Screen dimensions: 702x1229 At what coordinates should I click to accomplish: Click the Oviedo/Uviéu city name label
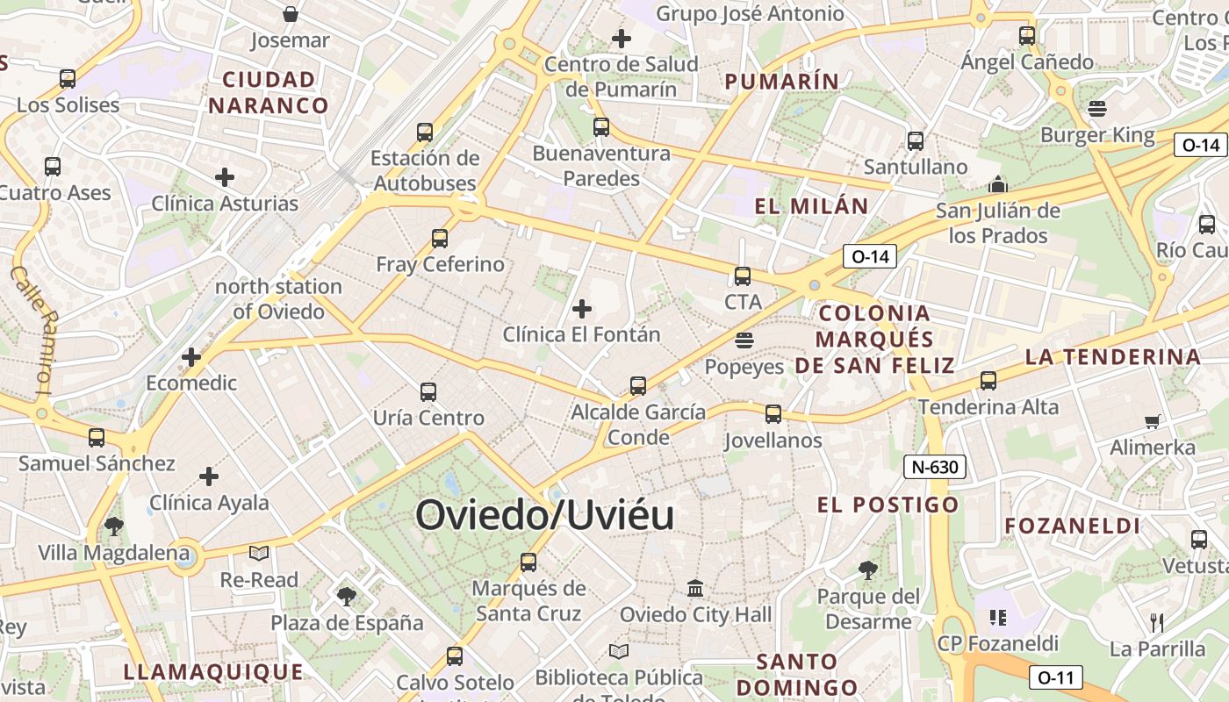click(x=544, y=515)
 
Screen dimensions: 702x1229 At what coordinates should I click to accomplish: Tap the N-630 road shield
click(x=935, y=467)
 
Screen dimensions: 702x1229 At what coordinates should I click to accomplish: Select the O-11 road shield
click(x=1055, y=677)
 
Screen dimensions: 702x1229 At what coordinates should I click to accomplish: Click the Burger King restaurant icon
click(x=1096, y=109)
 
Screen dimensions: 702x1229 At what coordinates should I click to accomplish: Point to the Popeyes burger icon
click(x=744, y=340)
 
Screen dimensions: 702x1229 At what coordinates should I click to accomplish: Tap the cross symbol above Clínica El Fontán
click(x=581, y=308)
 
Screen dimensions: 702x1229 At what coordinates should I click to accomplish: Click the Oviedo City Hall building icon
click(x=695, y=588)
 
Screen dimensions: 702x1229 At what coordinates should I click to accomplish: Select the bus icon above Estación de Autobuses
click(x=425, y=132)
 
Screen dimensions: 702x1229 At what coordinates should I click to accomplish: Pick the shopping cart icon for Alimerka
click(x=1152, y=421)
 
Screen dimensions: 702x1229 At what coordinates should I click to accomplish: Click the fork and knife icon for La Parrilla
click(x=1157, y=623)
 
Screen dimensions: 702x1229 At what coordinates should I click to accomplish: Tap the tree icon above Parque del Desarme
click(x=867, y=570)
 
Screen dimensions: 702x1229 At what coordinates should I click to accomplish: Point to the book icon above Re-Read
click(x=258, y=553)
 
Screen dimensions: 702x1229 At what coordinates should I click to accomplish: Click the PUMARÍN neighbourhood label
click(x=781, y=82)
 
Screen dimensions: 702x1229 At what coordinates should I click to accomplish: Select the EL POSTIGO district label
click(x=888, y=505)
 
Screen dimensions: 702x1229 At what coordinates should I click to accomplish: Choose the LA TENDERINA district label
click(x=1112, y=357)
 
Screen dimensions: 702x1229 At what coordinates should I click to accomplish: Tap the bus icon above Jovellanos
click(x=773, y=413)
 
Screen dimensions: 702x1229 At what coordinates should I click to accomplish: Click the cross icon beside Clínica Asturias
click(x=225, y=177)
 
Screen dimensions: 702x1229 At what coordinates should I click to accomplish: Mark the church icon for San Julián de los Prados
click(x=997, y=184)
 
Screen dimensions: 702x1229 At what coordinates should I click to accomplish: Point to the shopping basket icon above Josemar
click(x=291, y=14)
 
